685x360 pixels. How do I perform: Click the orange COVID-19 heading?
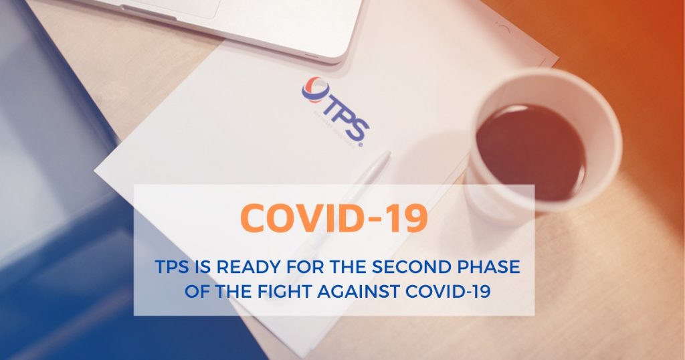point(334,218)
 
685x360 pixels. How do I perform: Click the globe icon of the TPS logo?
point(316,90)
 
